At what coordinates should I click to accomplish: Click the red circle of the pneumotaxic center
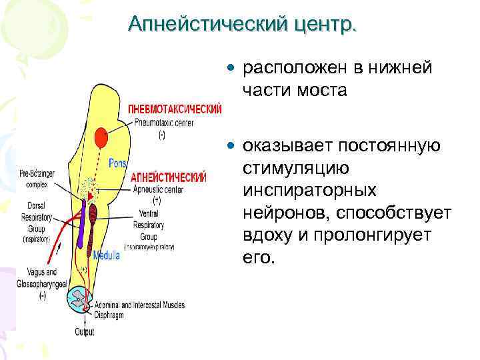(x=101, y=138)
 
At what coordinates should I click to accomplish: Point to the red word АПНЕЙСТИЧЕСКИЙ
(x=169, y=178)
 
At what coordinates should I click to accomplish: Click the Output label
(x=85, y=332)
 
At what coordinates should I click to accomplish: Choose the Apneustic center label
(x=157, y=190)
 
